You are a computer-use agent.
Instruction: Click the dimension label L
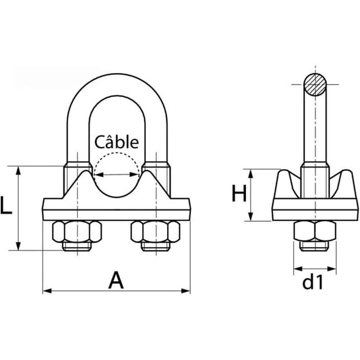[6, 206]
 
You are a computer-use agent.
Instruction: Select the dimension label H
[239, 195]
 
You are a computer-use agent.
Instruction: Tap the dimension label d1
[313, 283]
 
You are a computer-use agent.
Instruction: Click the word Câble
[116, 142]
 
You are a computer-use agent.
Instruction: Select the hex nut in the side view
[315, 231]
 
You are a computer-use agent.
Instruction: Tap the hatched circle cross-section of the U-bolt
[315, 85]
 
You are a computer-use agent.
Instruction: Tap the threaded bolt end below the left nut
[76, 246]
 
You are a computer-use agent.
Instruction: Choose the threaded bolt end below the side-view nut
[315, 246]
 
